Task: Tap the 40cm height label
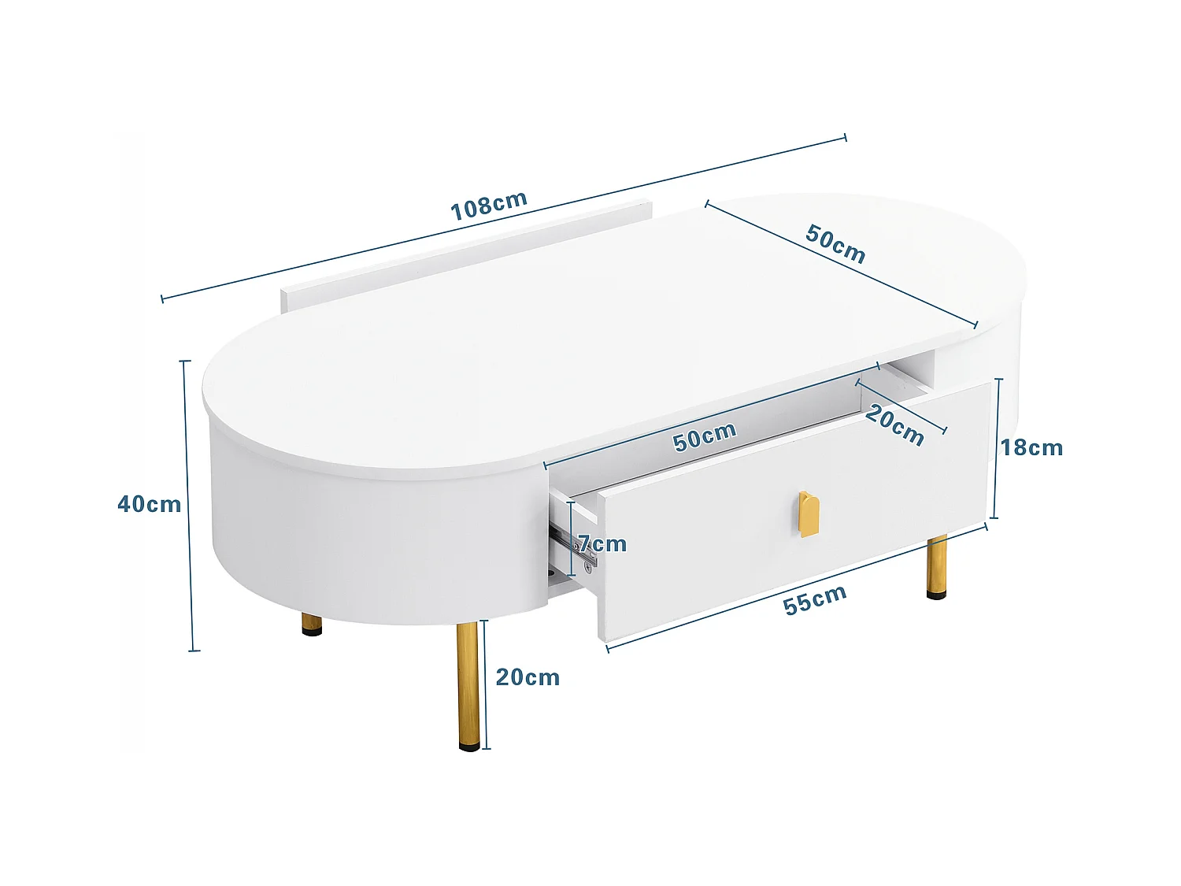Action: (x=149, y=504)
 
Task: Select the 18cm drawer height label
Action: (x=1031, y=447)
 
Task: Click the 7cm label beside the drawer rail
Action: (x=602, y=543)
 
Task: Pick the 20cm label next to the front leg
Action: (x=528, y=677)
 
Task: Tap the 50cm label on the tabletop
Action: (x=835, y=243)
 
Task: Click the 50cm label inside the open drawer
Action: (x=705, y=436)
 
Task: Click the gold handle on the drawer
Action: (x=809, y=513)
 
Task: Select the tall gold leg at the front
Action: (x=468, y=681)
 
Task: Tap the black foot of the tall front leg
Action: (x=469, y=744)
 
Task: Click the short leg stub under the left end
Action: (x=312, y=625)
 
